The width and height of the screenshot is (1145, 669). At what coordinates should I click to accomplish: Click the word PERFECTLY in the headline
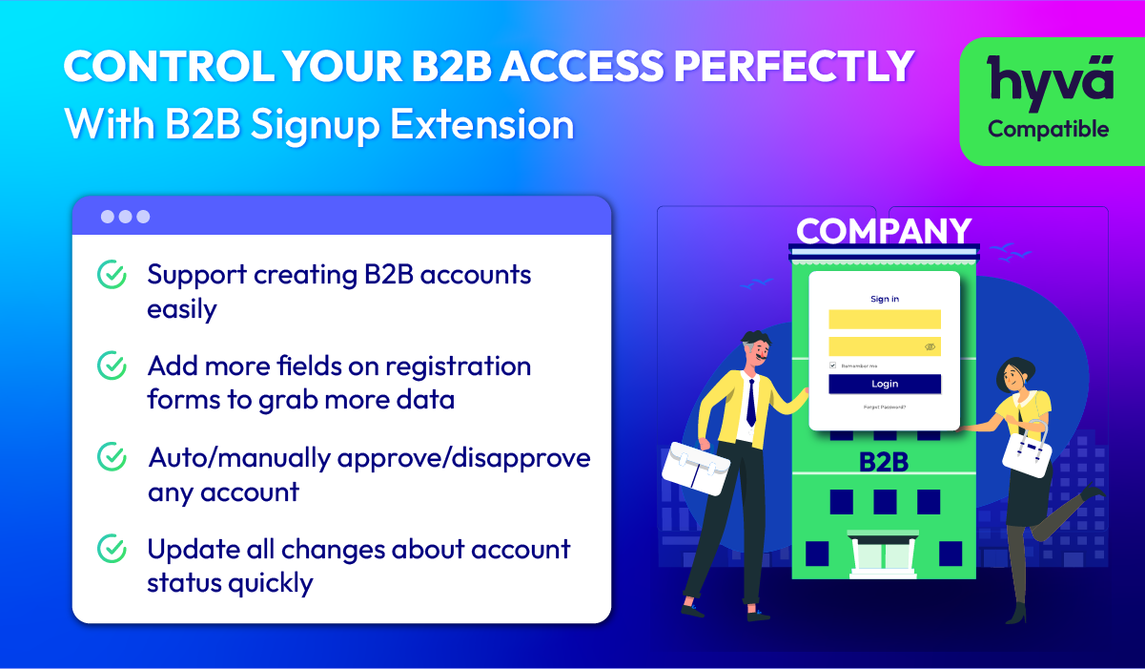click(x=794, y=66)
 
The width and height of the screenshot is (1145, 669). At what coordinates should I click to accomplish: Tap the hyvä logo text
click(x=1050, y=82)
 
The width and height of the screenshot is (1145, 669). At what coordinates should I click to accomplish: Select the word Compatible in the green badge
click(x=1049, y=129)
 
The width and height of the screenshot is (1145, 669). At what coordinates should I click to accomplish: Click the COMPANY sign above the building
click(x=884, y=231)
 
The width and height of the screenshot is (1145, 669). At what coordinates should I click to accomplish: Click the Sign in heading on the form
click(x=885, y=299)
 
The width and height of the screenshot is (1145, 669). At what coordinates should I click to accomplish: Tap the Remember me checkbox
click(x=832, y=366)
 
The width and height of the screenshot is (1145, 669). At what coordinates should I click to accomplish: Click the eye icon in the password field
click(x=930, y=347)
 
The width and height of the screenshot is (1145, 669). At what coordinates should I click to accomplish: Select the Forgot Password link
click(x=885, y=408)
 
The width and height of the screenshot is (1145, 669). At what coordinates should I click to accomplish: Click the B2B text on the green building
click(x=884, y=462)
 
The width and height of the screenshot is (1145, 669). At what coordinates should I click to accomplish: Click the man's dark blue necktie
click(x=751, y=403)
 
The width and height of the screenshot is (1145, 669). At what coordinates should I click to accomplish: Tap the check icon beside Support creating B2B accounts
click(x=112, y=274)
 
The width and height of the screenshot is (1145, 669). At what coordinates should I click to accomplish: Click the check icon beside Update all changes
click(x=112, y=549)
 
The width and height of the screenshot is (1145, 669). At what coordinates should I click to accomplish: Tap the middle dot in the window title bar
click(x=125, y=217)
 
